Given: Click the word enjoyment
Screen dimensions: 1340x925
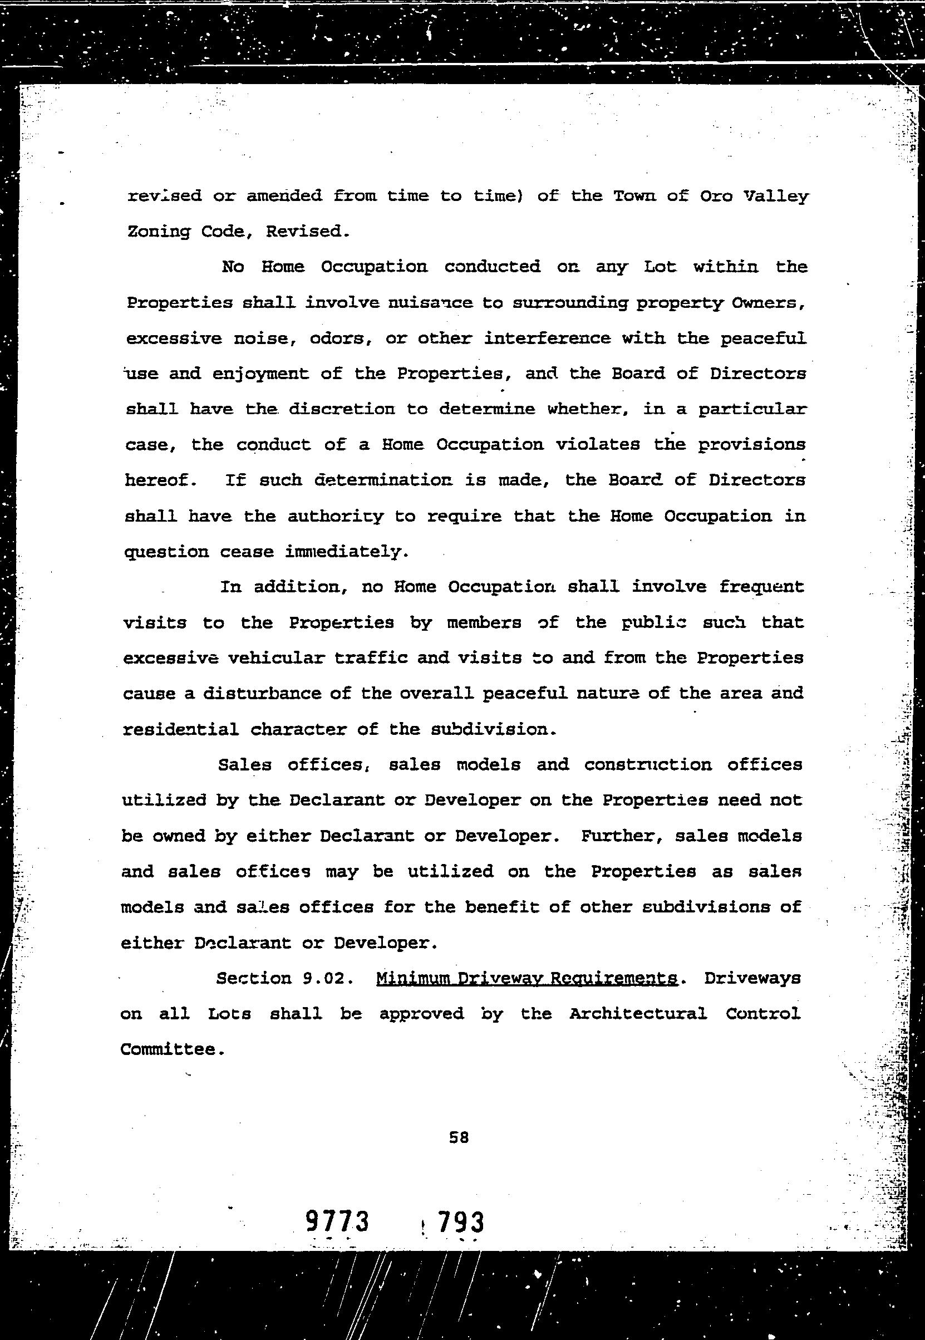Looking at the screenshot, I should click(x=260, y=375).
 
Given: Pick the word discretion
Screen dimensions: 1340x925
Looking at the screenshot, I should click(x=342, y=409).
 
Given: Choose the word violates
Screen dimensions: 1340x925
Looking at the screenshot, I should click(x=598, y=445).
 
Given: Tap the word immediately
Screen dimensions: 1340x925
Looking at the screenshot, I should click(x=347, y=552).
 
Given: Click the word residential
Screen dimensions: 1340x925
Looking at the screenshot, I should click(x=181, y=729).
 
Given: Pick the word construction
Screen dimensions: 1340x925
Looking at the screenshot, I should click(x=647, y=765).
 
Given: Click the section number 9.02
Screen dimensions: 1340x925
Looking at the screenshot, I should click(x=327, y=979).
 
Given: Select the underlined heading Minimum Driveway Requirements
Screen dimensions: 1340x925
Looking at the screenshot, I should click(x=527, y=979).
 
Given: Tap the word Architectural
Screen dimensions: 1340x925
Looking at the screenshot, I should click(x=637, y=1014).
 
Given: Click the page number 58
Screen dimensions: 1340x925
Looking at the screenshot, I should click(x=459, y=1138).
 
